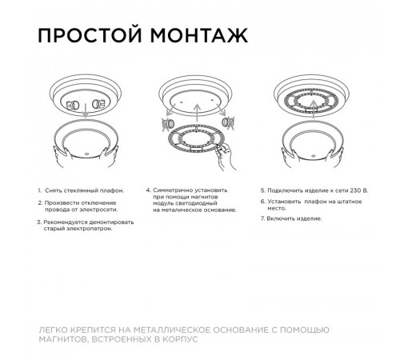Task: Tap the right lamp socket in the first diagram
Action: click(99, 105)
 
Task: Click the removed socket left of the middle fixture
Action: click(168, 123)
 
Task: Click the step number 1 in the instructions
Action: click(39, 191)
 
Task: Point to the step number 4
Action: click(148, 191)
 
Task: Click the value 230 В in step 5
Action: click(354, 191)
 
